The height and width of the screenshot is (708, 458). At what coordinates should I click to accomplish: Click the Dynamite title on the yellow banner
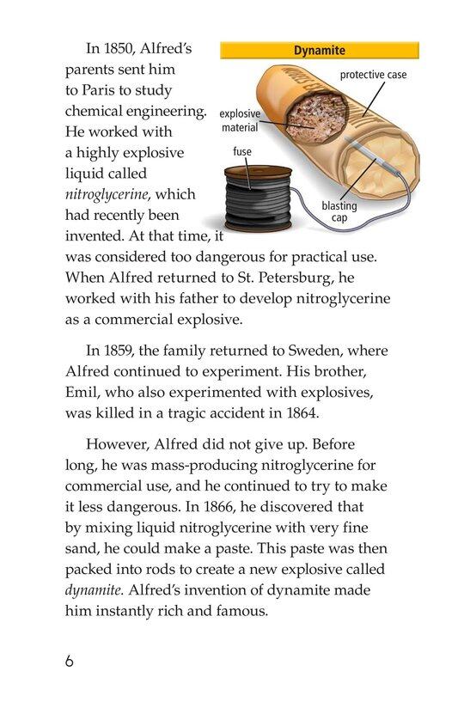pos(319,51)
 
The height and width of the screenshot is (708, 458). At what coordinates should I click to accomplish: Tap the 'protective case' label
pos(373,76)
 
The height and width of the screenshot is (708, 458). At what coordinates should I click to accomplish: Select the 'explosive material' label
pos(239,121)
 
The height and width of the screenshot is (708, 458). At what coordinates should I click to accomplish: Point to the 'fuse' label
pos(241,151)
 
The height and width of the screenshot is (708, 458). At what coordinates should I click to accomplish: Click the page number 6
pos(70,663)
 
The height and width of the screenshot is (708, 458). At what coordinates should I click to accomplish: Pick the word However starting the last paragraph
pos(120,445)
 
